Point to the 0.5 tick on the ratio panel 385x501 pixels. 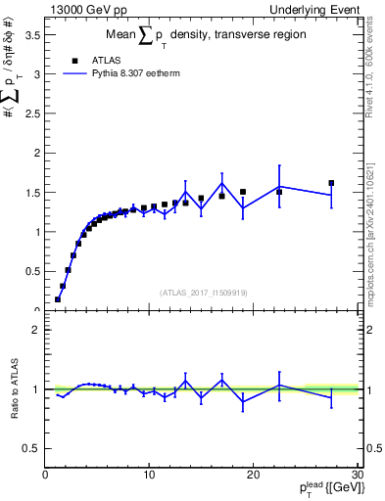point(30,448)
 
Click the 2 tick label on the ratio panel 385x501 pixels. point(35,330)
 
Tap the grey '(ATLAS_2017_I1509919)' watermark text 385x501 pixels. point(203,292)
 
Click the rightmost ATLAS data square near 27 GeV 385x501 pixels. point(331,183)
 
